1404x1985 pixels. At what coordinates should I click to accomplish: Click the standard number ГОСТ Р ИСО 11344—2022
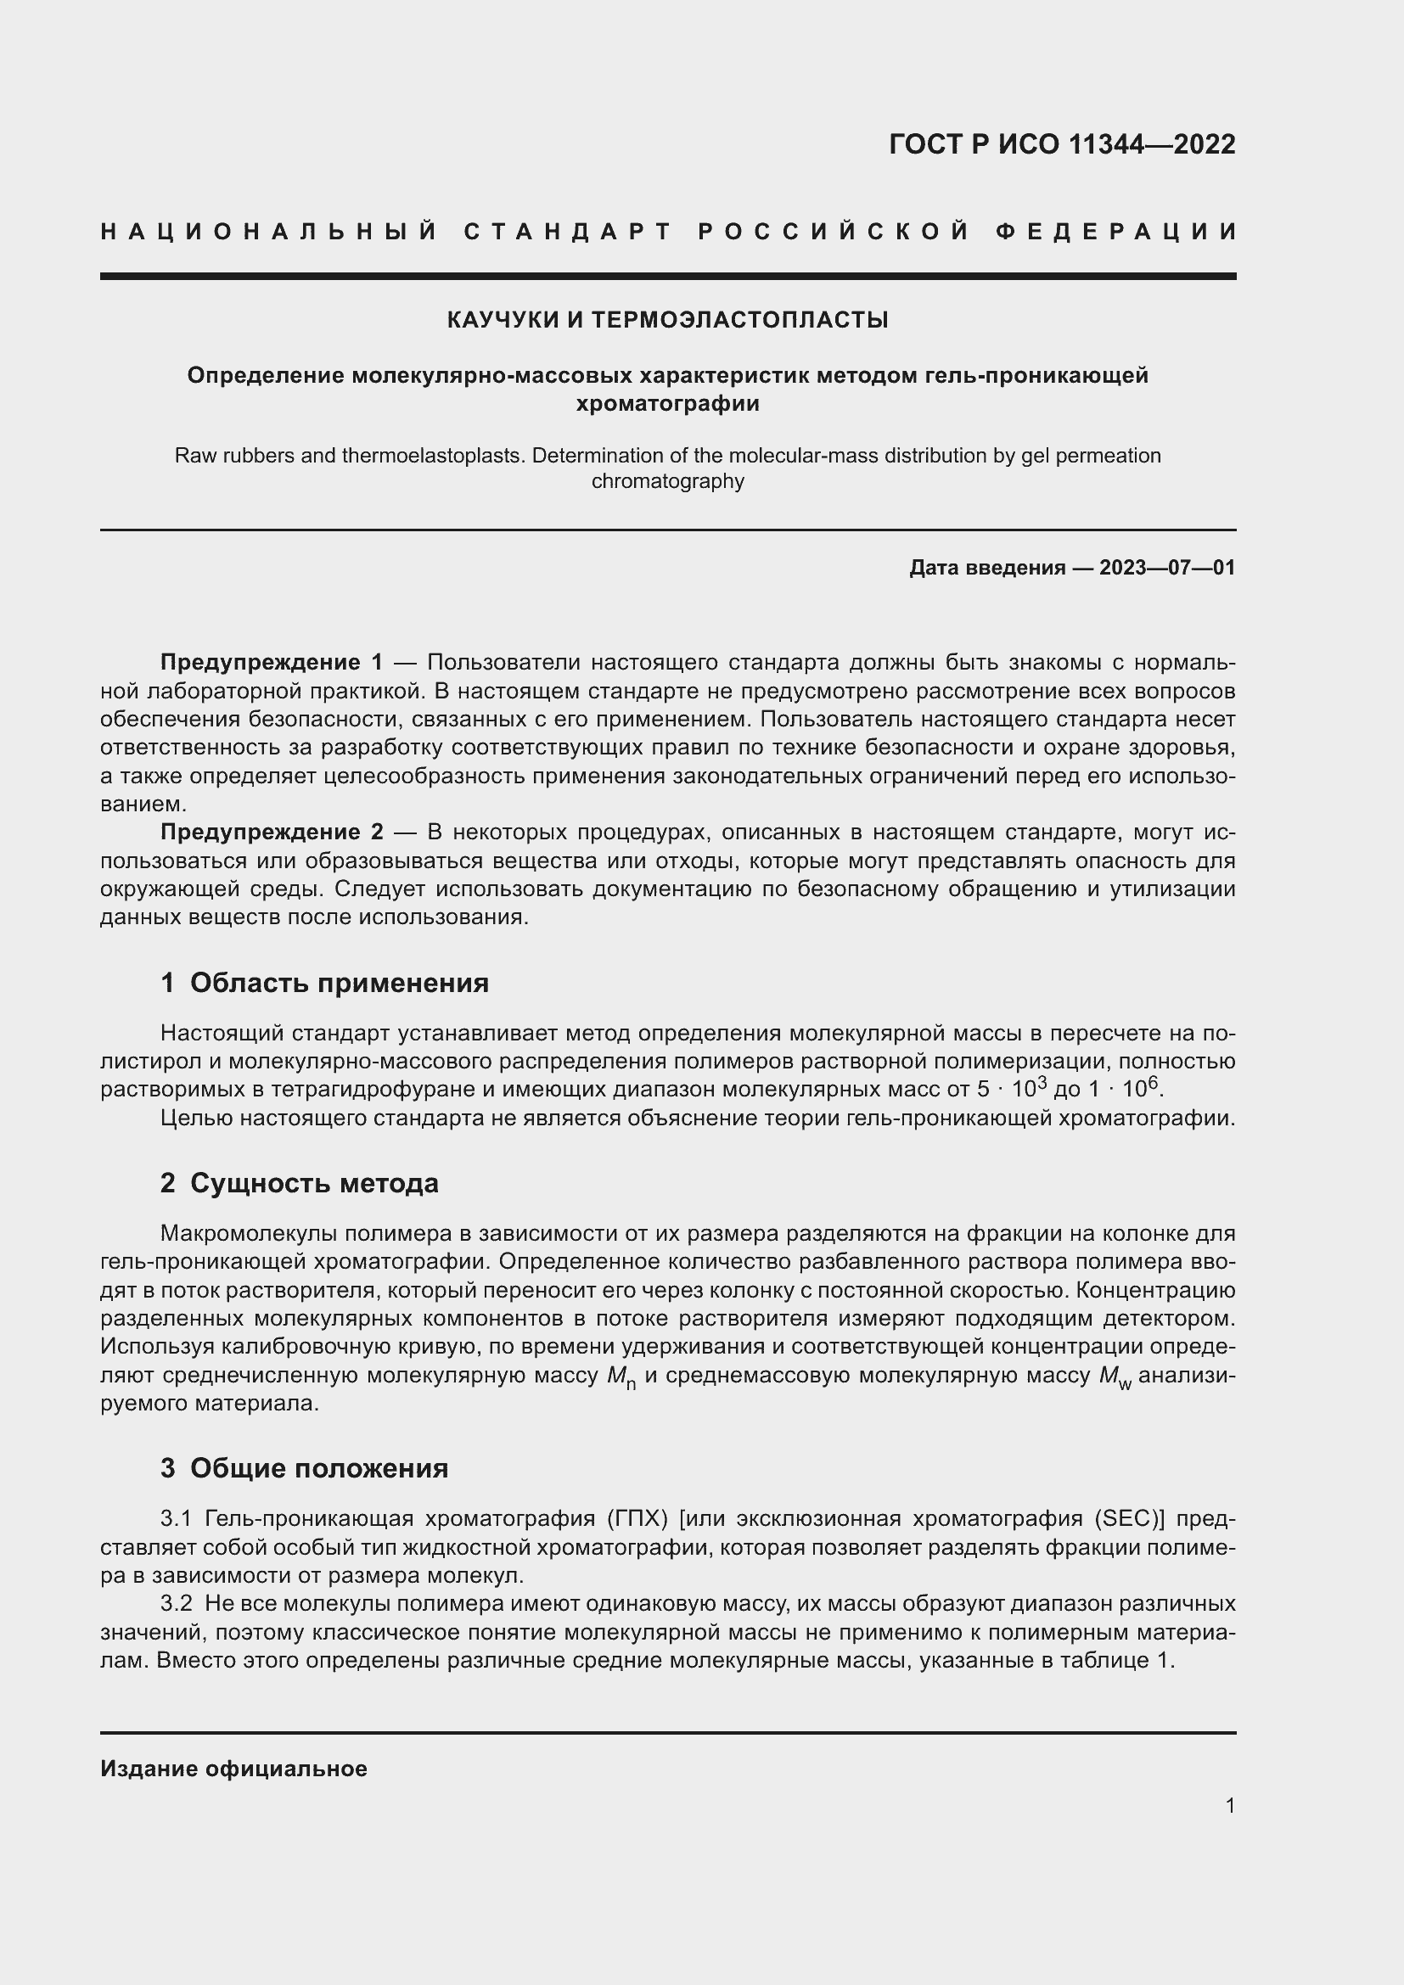(x=1062, y=144)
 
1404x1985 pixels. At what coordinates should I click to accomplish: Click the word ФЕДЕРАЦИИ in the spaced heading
(x=1116, y=232)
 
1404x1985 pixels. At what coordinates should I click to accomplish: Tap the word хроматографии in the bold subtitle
(x=667, y=404)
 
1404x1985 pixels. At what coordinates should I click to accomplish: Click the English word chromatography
(x=667, y=481)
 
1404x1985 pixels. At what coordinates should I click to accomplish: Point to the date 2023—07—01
(x=1167, y=568)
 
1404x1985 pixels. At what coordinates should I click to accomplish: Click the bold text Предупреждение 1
(x=271, y=663)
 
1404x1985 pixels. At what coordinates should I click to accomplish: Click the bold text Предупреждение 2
(x=271, y=833)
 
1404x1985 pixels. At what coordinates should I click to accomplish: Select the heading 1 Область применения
(x=324, y=983)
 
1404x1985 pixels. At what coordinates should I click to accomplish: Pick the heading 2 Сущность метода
(x=299, y=1184)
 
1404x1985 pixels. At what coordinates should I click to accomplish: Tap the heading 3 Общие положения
(x=305, y=1469)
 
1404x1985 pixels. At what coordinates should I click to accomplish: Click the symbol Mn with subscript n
(x=621, y=1377)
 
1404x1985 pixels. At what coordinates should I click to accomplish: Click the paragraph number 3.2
(x=177, y=1604)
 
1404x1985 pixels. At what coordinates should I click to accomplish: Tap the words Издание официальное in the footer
(x=233, y=1769)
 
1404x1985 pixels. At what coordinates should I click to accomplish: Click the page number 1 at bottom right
(x=1229, y=1805)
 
